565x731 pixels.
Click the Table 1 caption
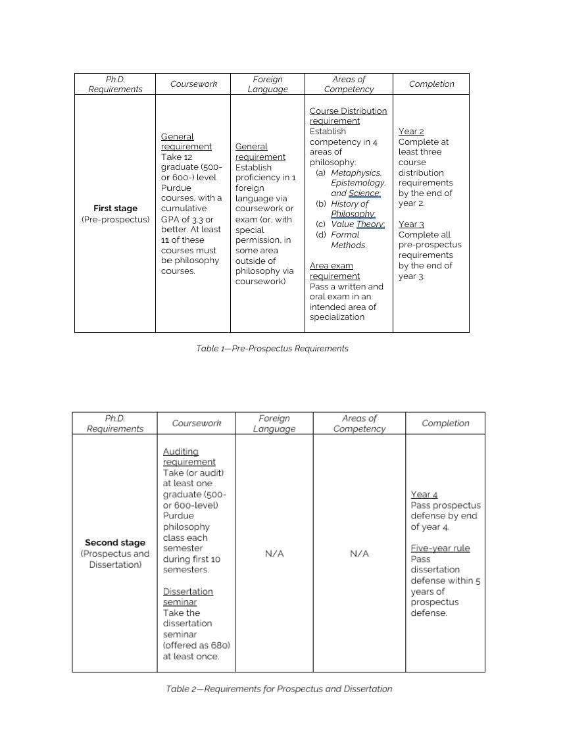(x=272, y=348)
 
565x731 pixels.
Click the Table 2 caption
(x=279, y=689)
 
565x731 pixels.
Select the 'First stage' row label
(x=115, y=209)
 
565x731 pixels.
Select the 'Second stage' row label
(x=115, y=543)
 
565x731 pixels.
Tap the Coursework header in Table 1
(x=193, y=84)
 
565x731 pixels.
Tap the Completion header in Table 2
(x=445, y=423)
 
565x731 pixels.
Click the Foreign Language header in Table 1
(x=268, y=84)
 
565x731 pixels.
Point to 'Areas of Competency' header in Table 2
(x=359, y=423)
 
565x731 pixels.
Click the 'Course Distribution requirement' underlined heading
(x=348, y=116)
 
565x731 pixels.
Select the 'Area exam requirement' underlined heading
(x=334, y=271)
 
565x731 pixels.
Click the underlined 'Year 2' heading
(x=411, y=132)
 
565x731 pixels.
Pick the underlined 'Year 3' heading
(x=411, y=224)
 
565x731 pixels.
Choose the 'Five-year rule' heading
(x=440, y=548)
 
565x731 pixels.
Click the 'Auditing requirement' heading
(x=189, y=457)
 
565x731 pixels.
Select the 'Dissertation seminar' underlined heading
(x=187, y=597)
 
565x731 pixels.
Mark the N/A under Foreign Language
(x=274, y=553)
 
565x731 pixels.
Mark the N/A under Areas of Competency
(x=359, y=553)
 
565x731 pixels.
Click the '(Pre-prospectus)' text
(x=115, y=219)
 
